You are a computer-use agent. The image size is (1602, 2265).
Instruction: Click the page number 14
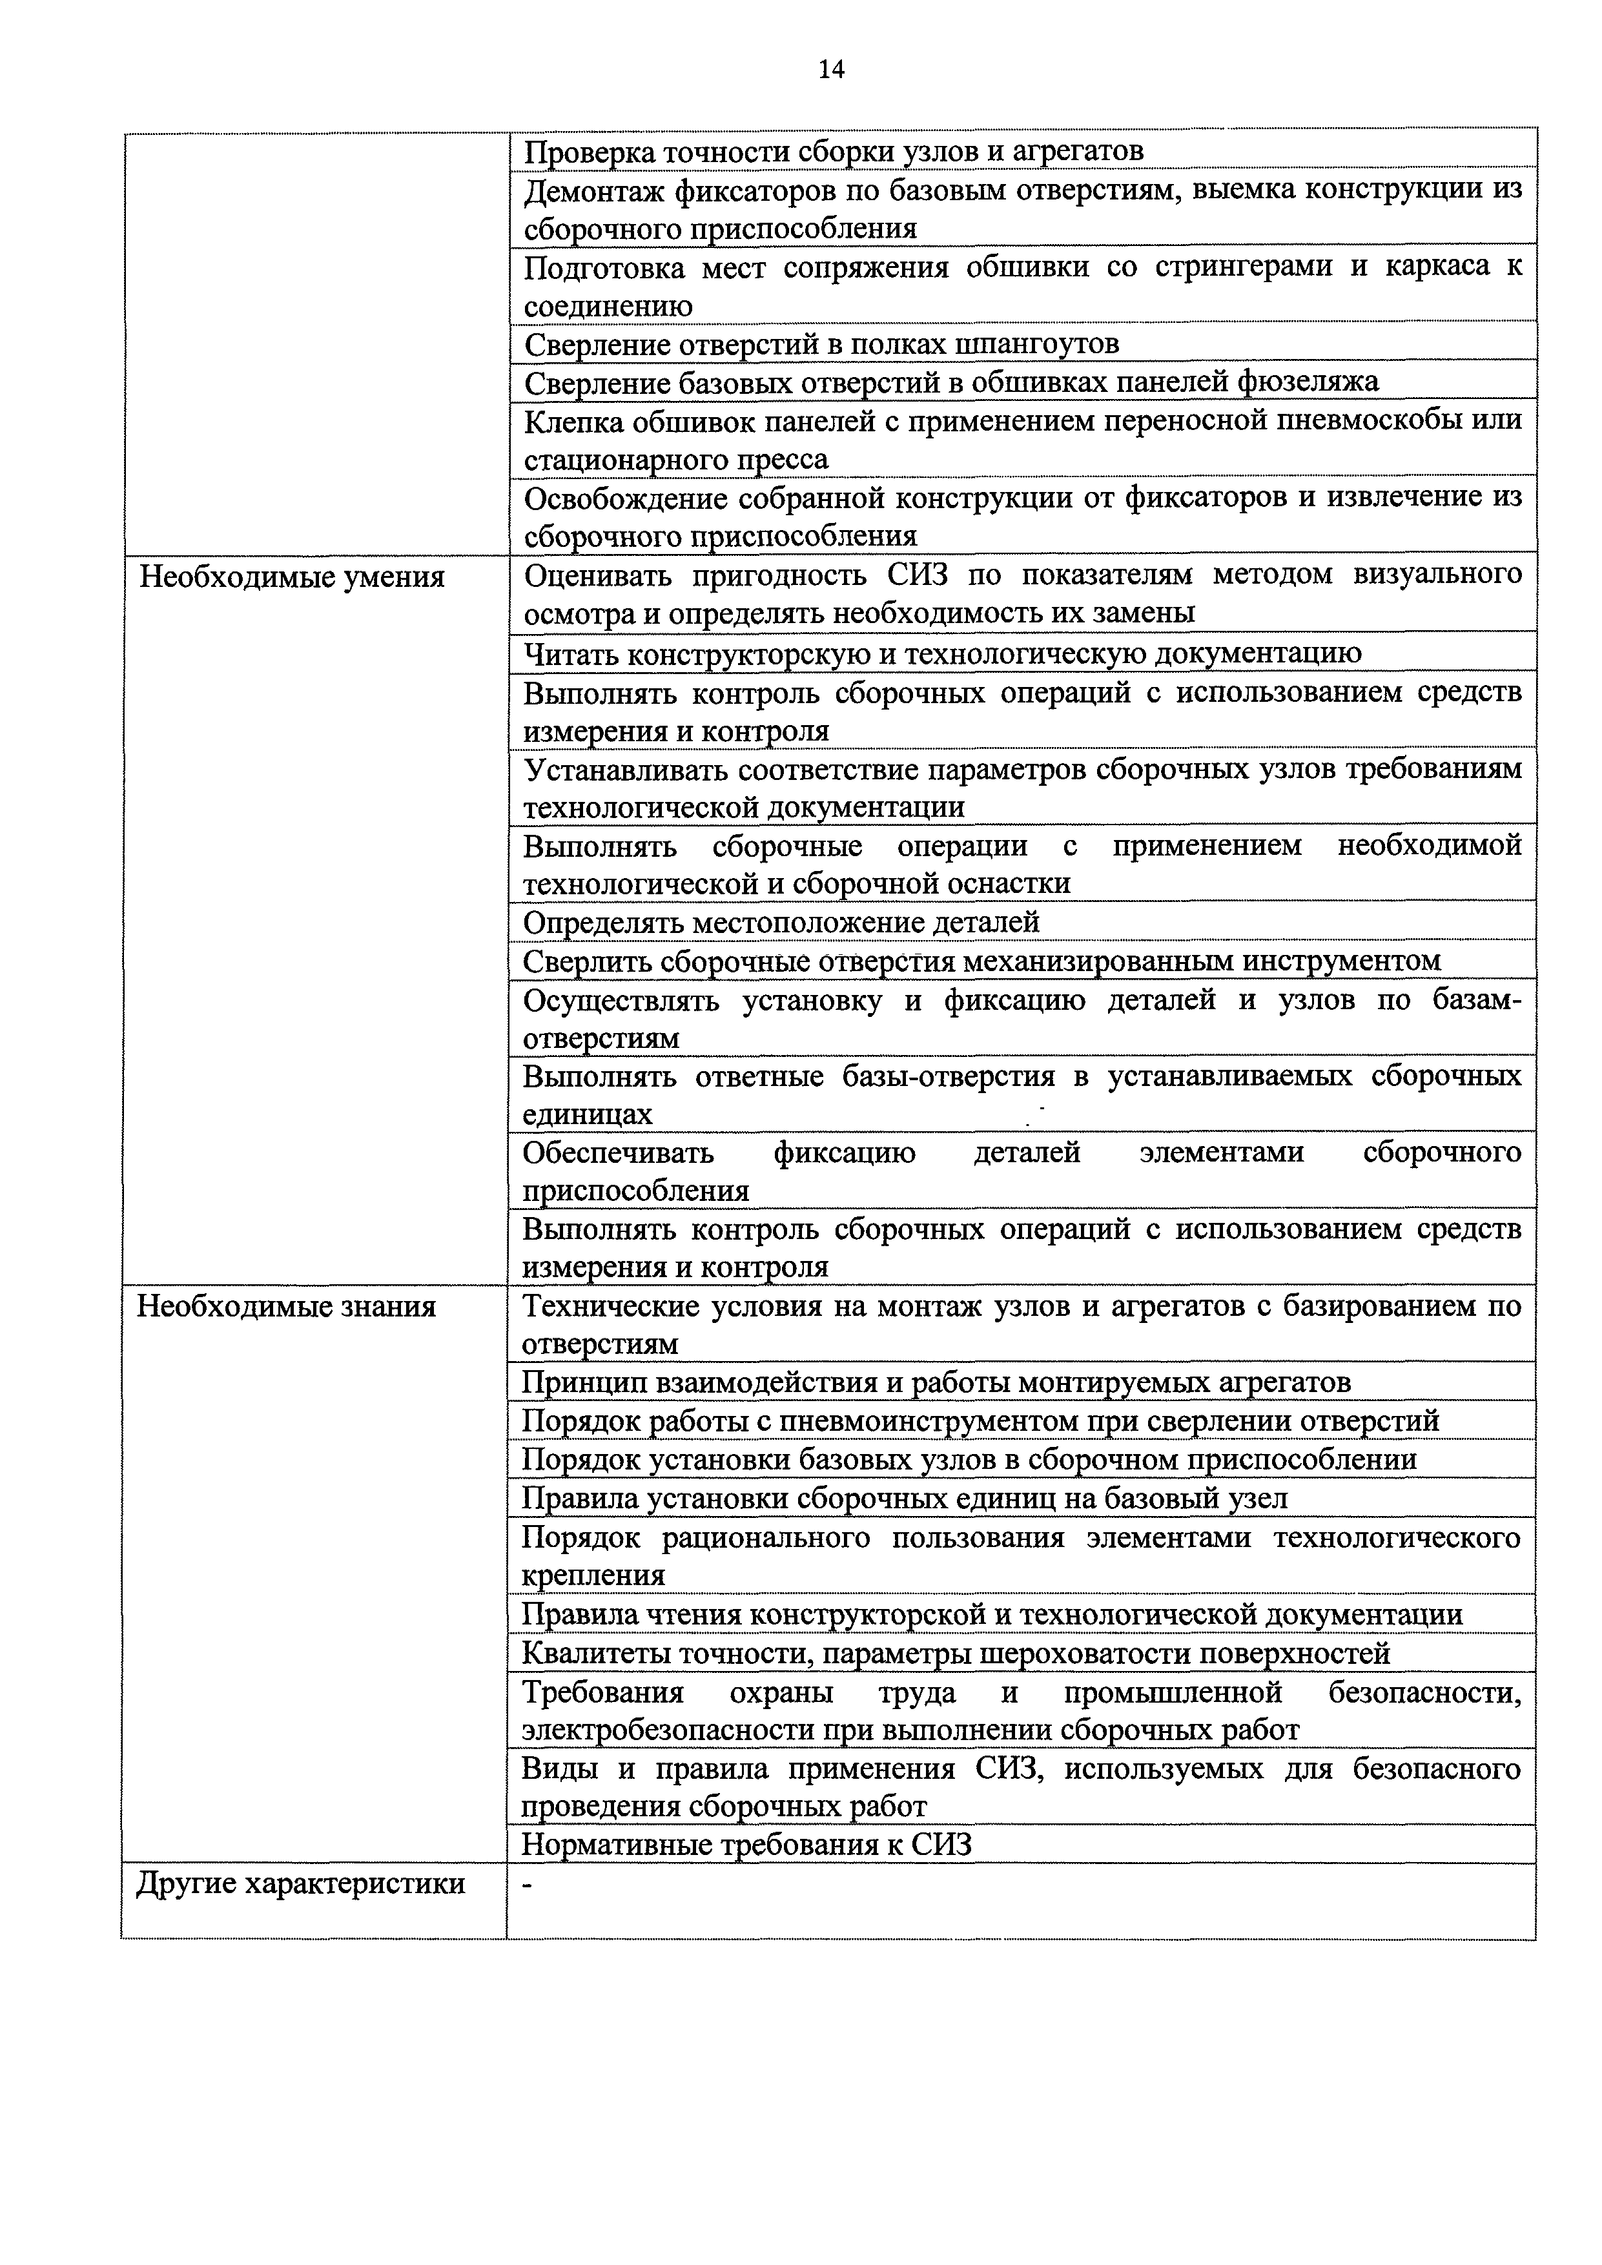click(830, 69)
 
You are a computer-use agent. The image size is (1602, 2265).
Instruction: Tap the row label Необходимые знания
click(286, 1307)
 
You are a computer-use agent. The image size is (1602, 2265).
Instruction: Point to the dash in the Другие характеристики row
click(528, 1886)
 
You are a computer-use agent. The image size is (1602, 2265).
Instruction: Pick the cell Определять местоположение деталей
click(781, 923)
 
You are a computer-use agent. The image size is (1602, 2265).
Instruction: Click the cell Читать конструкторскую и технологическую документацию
click(942, 653)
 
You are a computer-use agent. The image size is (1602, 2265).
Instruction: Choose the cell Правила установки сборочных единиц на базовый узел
click(903, 1499)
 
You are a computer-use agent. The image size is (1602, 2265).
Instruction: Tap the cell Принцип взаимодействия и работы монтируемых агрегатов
click(935, 1382)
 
